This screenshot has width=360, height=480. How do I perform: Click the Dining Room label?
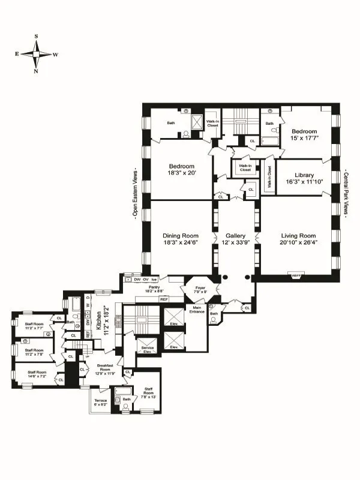(x=181, y=236)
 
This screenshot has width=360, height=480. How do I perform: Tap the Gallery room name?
(x=236, y=236)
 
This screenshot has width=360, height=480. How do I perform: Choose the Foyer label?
(x=199, y=287)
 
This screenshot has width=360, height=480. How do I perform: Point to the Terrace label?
(x=99, y=400)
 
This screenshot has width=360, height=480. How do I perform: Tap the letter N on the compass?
(x=37, y=71)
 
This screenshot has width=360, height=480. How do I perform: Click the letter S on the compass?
(x=37, y=37)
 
